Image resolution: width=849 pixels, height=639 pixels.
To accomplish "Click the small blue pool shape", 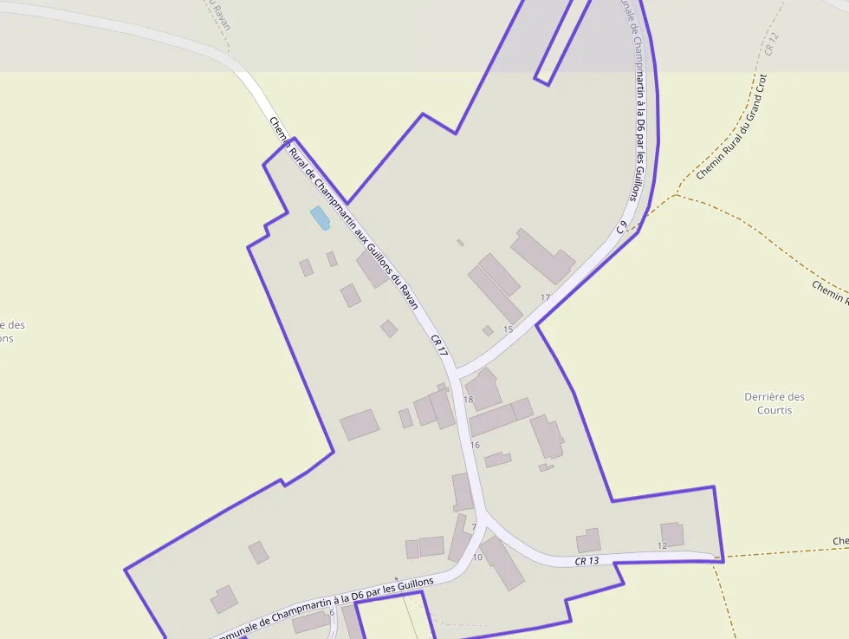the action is [x=320, y=218].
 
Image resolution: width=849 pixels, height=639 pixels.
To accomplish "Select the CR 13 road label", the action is [x=587, y=561].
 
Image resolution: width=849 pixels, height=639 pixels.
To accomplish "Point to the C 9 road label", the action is [x=622, y=227].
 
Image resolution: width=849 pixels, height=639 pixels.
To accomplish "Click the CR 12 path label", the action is [x=772, y=43].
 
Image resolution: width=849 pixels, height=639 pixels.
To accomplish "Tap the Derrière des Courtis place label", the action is [x=774, y=403].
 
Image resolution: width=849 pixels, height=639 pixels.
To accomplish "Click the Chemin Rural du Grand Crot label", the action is [x=732, y=127].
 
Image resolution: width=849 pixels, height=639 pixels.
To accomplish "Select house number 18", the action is [x=469, y=400].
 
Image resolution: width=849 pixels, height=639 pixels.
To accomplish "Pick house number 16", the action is [x=475, y=445].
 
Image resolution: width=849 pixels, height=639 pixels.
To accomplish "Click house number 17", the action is [x=545, y=297].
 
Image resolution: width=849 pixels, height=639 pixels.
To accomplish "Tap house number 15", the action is [x=508, y=329].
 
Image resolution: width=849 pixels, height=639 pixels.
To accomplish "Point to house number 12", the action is [x=663, y=545].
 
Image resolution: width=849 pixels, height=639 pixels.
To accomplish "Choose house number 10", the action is [x=477, y=557].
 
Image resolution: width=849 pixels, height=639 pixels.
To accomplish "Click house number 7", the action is [x=474, y=527].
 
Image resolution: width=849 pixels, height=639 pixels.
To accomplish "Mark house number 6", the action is [x=332, y=612].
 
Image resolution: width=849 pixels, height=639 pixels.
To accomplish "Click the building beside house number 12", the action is [x=672, y=533].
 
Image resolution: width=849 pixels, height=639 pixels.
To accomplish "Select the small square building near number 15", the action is [x=488, y=330].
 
